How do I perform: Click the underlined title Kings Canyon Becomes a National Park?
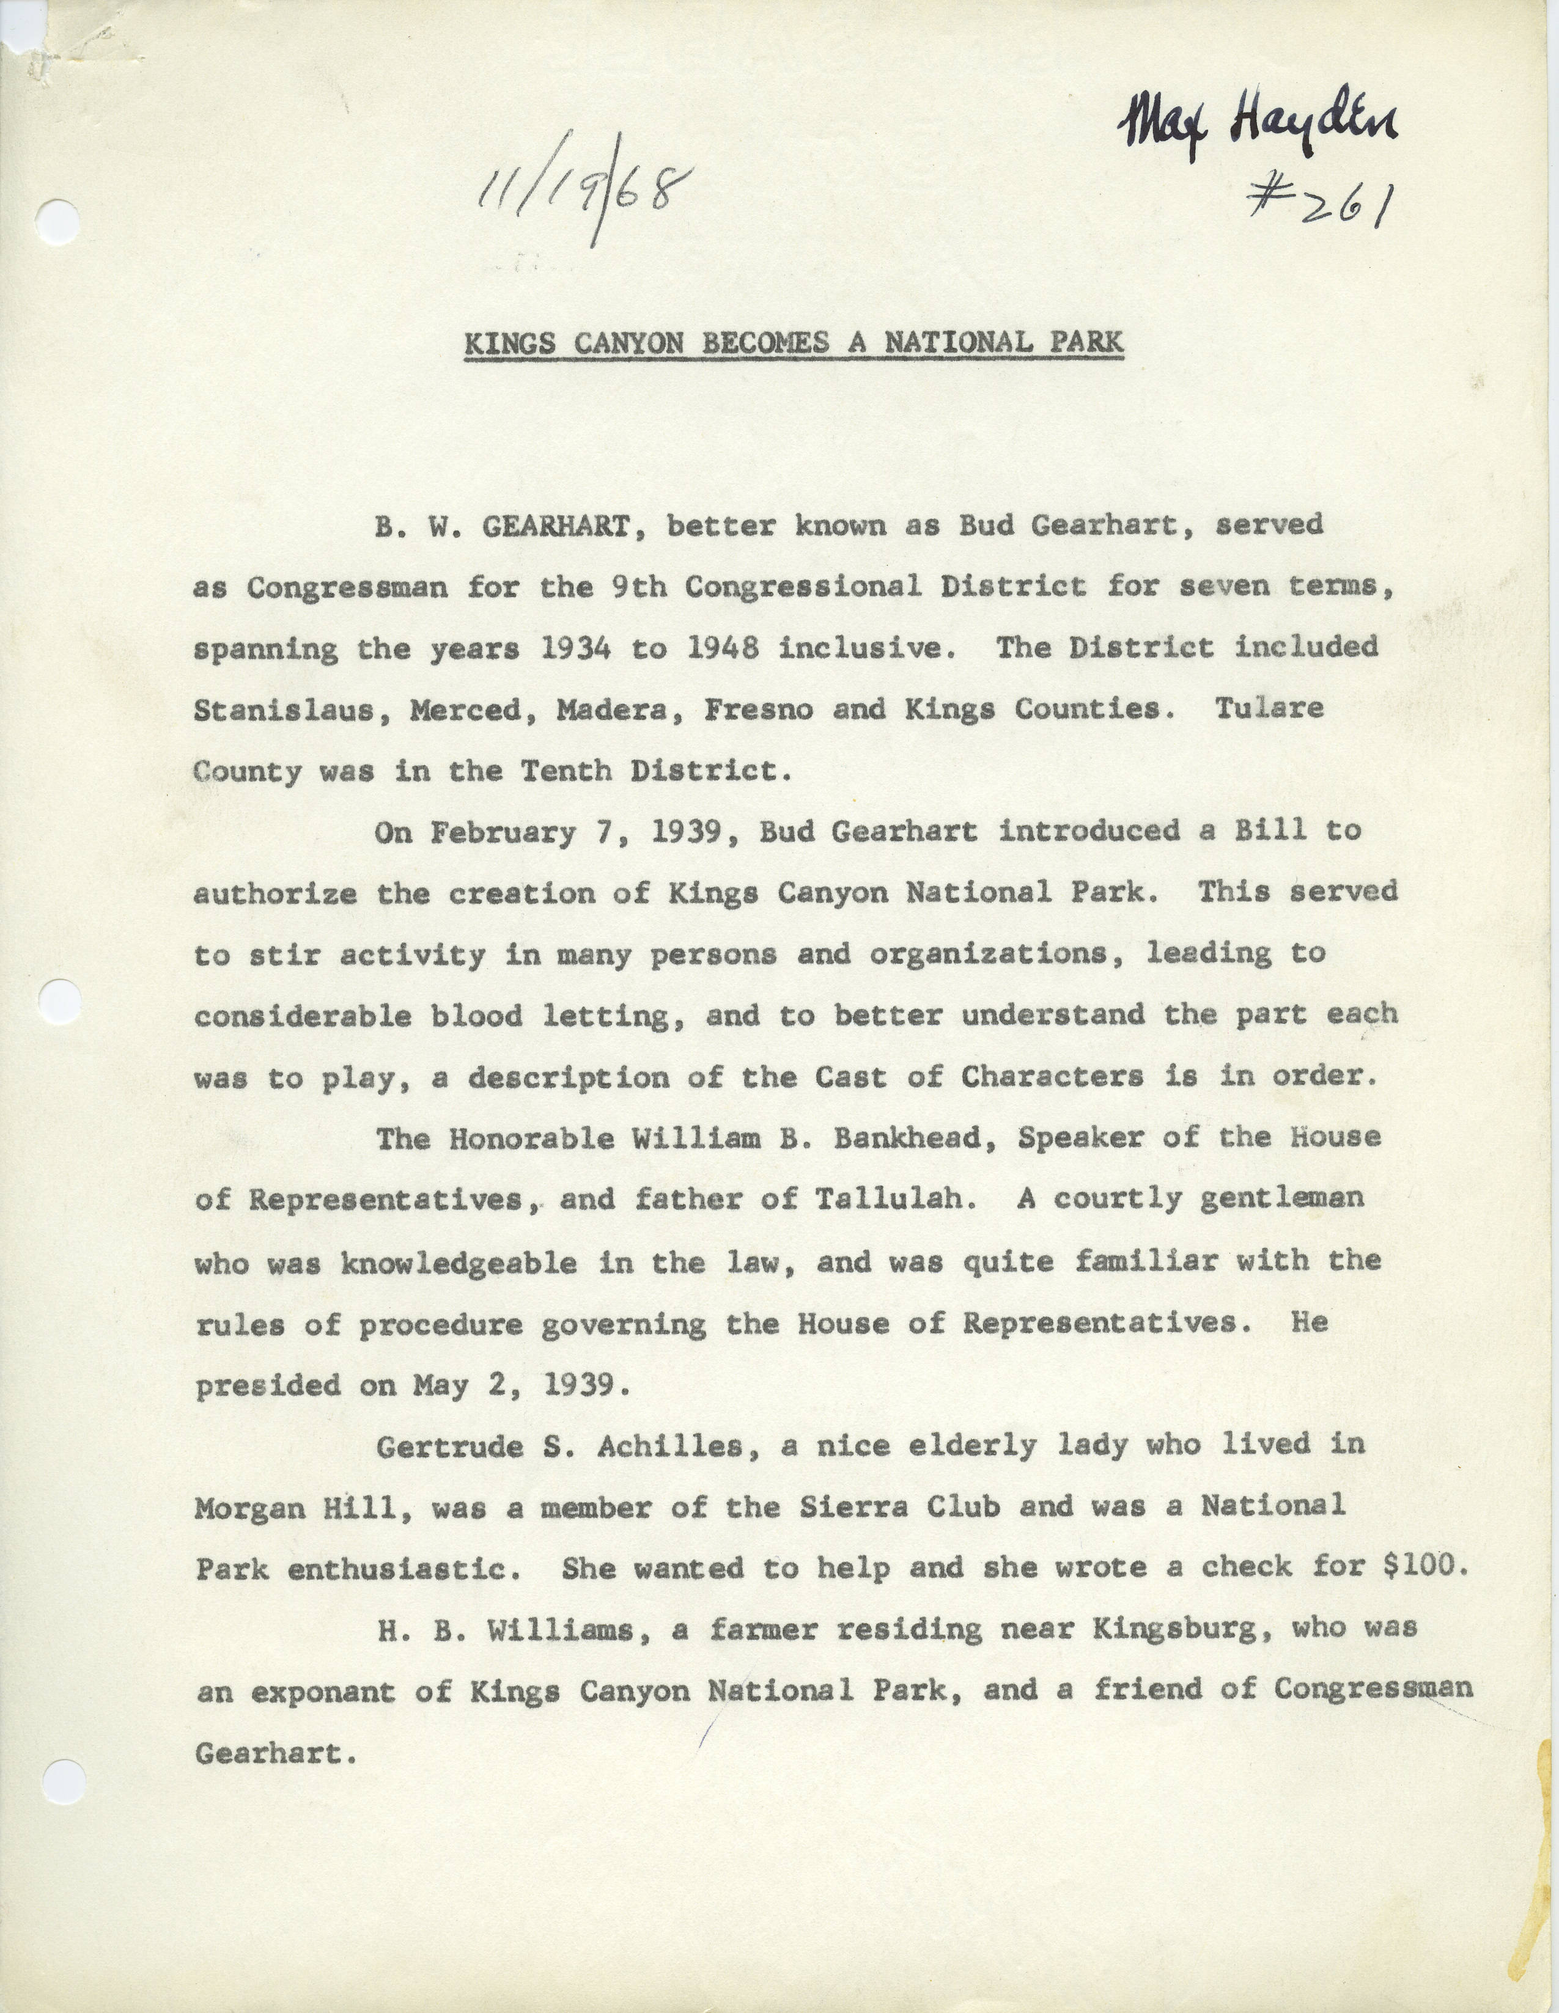(793, 343)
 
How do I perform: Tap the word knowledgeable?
(458, 1262)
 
